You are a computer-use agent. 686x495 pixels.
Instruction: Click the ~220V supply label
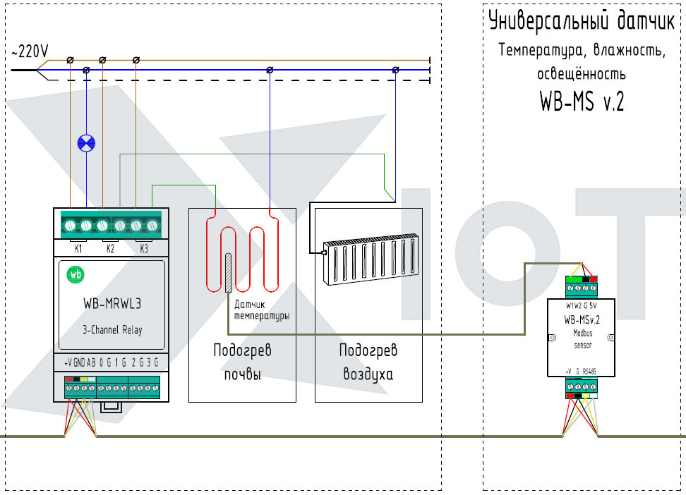click(x=30, y=51)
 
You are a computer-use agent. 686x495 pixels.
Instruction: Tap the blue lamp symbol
click(x=86, y=143)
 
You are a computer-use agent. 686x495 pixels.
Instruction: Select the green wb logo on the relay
click(x=76, y=274)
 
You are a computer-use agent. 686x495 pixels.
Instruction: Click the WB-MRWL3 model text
click(x=112, y=303)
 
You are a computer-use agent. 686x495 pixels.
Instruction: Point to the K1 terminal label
click(x=78, y=249)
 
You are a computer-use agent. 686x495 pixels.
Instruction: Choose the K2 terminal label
click(x=110, y=249)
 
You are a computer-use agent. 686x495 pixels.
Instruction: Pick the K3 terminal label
click(x=144, y=249)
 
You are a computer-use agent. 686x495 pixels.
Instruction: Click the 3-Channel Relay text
click(x=112, y=330)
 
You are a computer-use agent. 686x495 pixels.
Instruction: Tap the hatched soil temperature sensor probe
click(x=228, y=272)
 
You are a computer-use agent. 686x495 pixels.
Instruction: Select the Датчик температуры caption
click(x=262, y=310)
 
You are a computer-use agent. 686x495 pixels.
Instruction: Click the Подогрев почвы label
click(x=242, y=362)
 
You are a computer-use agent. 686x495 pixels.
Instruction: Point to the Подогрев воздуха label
click(x=368, y=362)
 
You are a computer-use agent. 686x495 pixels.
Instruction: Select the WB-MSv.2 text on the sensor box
click(x=582, y=319)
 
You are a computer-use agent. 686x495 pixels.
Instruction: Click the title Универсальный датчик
click(x=582, y=21)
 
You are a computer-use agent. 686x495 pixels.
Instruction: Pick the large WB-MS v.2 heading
click(x=582, y=101)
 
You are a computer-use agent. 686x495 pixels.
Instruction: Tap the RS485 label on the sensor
click(x=589, y=371)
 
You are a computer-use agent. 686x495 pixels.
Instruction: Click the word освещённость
click(x=582, y=74)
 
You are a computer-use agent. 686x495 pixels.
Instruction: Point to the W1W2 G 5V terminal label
click(x=581, y=305)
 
